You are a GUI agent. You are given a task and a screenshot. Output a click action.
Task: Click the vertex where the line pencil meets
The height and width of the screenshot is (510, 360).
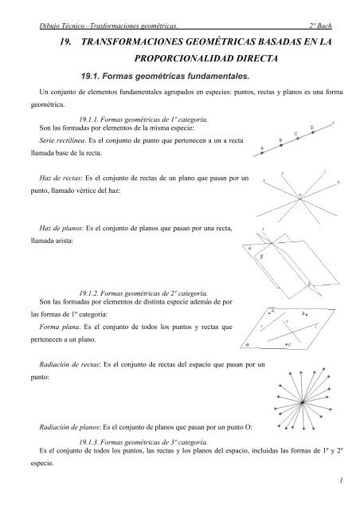[x=299, y=195]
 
